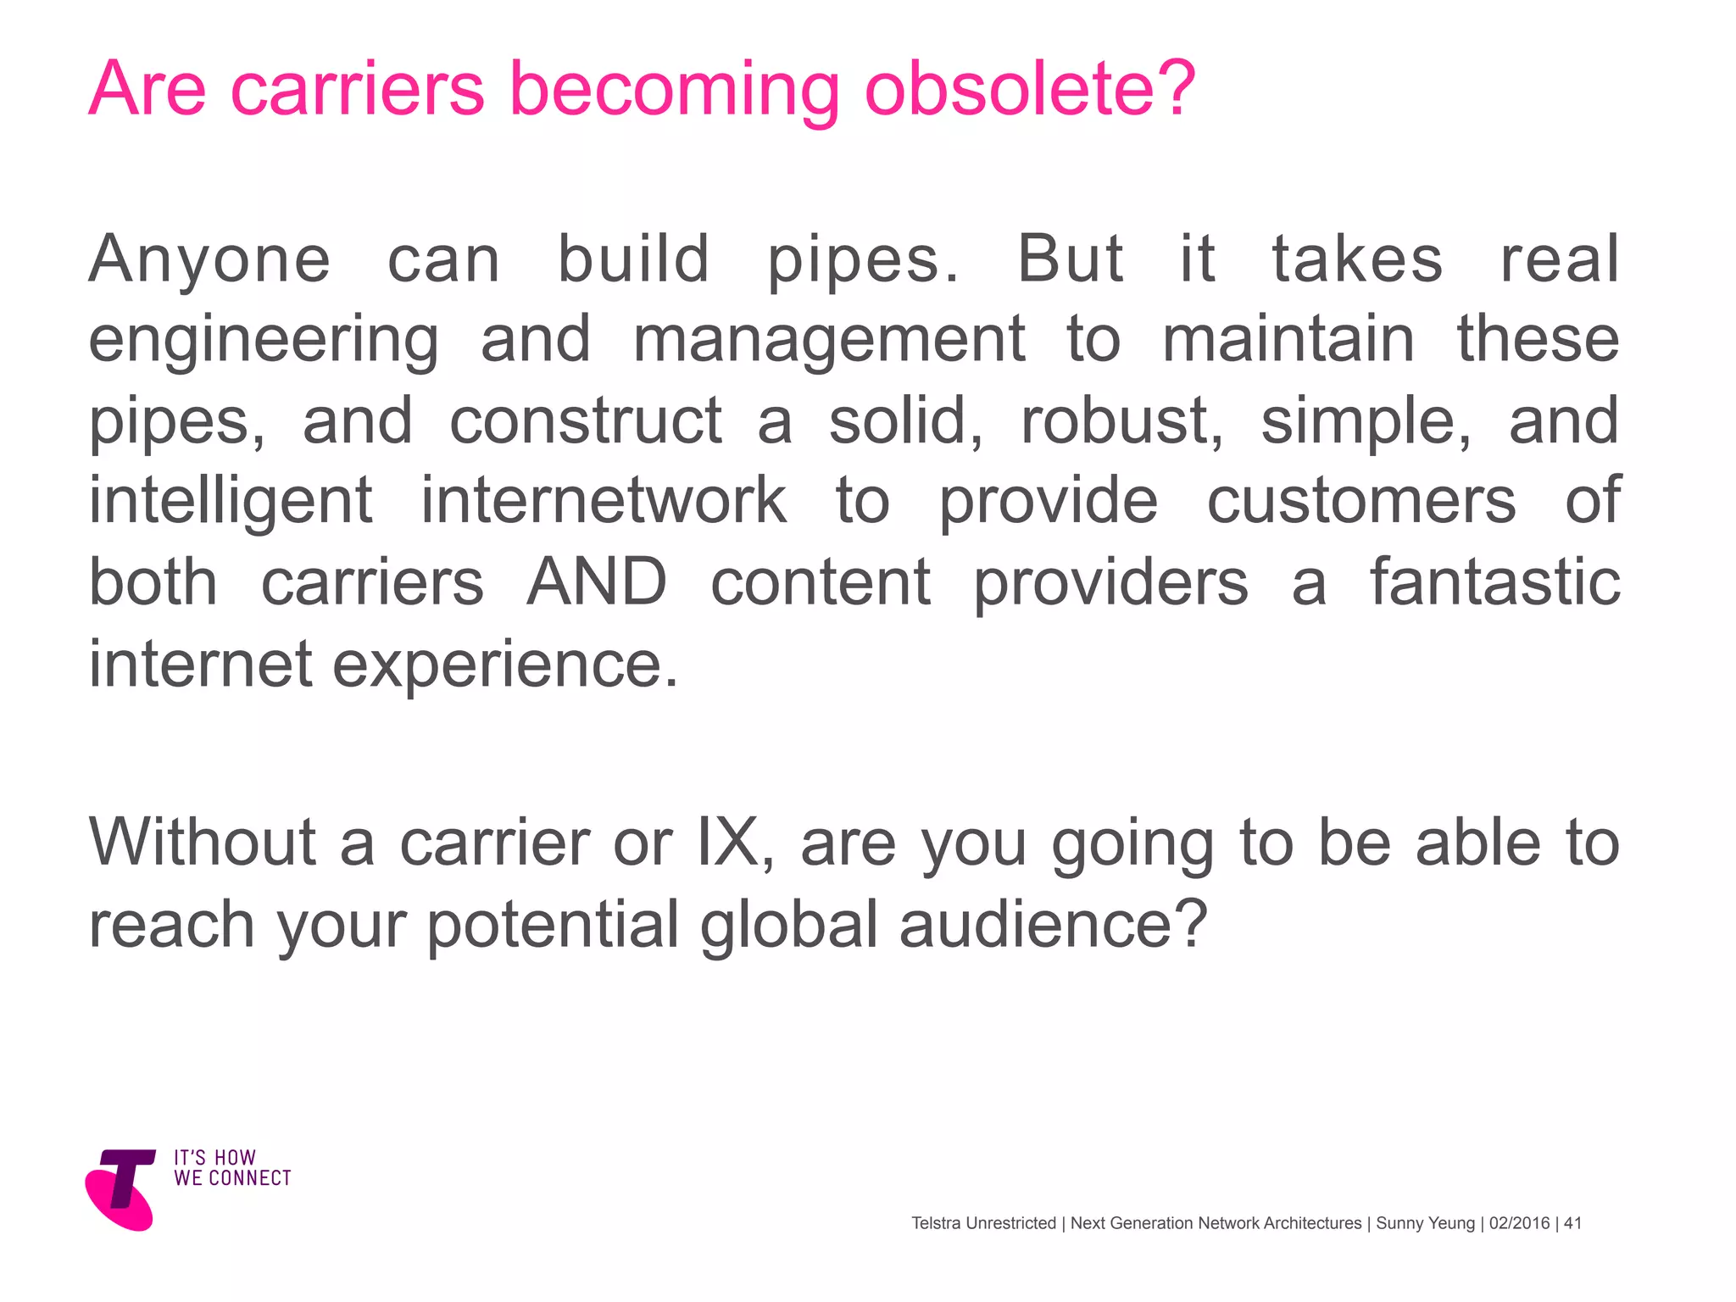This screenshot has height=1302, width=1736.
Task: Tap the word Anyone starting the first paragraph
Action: (209, 259)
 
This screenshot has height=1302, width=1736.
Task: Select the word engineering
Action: (264, 341)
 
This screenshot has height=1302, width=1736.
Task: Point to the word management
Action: (829, 341)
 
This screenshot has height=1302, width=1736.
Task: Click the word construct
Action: (586, 420)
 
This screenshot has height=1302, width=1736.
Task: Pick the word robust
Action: (1121, 420)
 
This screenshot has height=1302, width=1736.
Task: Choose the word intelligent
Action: (231, 502)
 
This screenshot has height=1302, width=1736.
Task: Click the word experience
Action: (505, 665)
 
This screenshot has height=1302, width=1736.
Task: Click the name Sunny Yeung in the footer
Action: (1425, 1223)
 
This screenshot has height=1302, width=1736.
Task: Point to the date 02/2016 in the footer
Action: (1519, 1223)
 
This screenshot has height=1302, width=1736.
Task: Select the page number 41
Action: (1572, 1223)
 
